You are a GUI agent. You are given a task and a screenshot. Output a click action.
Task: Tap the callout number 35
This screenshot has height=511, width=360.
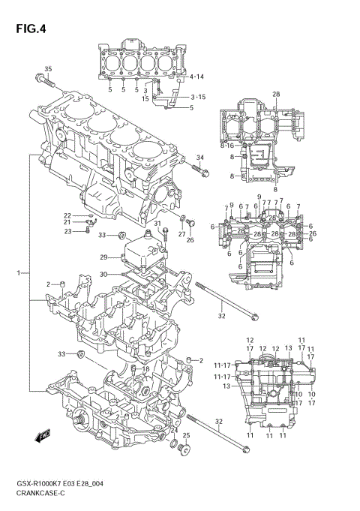(x=49, y=70)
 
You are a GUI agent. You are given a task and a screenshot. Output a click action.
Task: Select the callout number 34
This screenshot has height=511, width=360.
(x=199, y=158)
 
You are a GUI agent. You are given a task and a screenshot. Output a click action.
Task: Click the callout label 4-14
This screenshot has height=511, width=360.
(x=196, y=77)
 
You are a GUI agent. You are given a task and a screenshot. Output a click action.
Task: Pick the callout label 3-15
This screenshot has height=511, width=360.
(x=198, y=97)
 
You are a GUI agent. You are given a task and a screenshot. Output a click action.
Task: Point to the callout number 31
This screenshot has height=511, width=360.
(x=157, y=224)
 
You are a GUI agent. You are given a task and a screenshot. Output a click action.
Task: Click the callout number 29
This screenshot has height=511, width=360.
(x=104, y=257)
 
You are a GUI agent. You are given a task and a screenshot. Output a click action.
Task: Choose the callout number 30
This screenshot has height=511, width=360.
(x=104, y=274)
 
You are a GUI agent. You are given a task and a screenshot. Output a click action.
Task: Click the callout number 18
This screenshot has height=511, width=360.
(x=146, y=370)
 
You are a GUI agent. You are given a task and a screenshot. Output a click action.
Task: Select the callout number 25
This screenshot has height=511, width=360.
(x=187, y=436)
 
